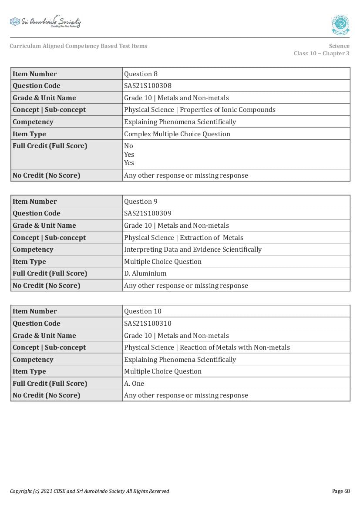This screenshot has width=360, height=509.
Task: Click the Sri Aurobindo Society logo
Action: point(45,22)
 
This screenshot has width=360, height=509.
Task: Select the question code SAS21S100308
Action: point(148,86)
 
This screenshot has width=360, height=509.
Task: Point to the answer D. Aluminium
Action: point(145,273)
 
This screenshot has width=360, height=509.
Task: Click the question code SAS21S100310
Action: point(148,324)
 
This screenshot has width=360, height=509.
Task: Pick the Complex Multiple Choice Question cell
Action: point(177,134)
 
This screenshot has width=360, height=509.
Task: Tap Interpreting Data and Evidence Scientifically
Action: point(192,249)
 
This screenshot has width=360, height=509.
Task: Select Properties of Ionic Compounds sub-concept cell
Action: point(199,110)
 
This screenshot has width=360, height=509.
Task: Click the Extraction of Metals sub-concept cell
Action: point(183,238)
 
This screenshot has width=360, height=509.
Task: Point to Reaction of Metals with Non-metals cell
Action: point(207,347)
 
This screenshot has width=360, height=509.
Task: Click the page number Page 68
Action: point(341,491)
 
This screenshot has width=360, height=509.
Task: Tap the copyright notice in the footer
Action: point(89,491)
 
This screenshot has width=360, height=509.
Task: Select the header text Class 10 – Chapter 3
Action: point(321,54)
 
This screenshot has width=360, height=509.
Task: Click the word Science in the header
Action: point(339,46)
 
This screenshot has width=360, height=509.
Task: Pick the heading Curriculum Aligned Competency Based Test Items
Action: point(78,46)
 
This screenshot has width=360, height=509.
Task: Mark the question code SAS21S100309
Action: point(148,213)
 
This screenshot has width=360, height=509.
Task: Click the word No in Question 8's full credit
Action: point(128,146)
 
